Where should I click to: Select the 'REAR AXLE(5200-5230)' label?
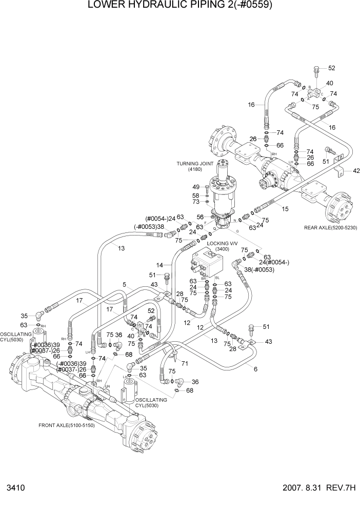point(331,227)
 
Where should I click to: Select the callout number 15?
point(284,208)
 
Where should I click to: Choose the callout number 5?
point(124,284)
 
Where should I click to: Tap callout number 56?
point(201,217)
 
